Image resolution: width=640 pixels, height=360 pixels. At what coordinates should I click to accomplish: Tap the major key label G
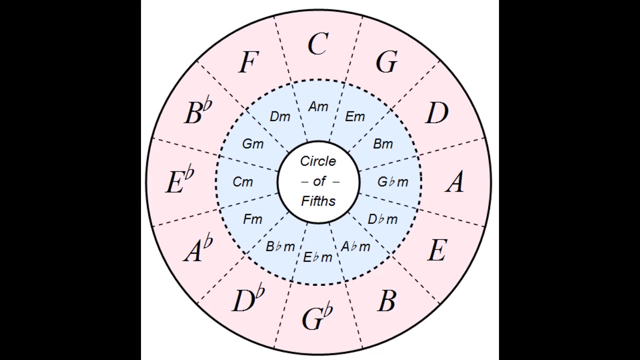[x=386, y=62]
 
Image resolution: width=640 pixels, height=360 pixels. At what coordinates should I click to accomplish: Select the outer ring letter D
[x=436, y=113]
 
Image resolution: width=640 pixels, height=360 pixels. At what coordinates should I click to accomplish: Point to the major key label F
[x=248, y=63]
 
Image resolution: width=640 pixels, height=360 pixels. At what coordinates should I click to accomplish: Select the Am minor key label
[x=318, y=106]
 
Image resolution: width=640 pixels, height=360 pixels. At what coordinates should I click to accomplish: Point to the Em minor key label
[x=355, y=116]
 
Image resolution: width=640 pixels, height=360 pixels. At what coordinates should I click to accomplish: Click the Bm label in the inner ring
[x=383, y=144]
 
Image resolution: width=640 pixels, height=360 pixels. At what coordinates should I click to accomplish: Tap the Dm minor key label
[x=280, y=116]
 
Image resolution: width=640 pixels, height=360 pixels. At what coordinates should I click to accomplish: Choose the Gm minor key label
[x=252, y=144]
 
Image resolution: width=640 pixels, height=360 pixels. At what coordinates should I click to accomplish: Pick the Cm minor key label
[x=243, y=182]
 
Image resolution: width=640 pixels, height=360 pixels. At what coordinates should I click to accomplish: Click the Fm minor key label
[x=252, y=219]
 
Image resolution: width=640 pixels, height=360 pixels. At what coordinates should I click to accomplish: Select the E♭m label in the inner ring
[x=317, y=257]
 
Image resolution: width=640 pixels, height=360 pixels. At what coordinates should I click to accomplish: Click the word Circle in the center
[x=318, y=161]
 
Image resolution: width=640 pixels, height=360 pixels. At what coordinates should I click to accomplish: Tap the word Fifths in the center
[x=318, y=200]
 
